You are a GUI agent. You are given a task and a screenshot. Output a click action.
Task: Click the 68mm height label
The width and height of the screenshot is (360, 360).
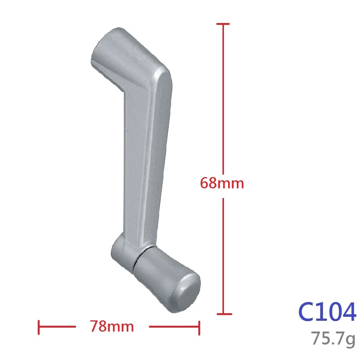click(x=222, y=184)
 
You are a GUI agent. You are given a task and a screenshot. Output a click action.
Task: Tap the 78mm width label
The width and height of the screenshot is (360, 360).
click(x=112, y=327)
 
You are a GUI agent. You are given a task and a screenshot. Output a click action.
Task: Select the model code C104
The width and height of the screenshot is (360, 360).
click(x=327, y=312)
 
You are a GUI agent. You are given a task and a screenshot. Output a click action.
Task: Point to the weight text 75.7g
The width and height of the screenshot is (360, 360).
click(x=333, y=339)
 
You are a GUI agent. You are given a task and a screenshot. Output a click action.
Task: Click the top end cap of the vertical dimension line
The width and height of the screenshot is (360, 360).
click(x=223, y=24)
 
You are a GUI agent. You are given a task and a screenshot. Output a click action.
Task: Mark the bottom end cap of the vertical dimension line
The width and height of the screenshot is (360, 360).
click(x=223, y=314)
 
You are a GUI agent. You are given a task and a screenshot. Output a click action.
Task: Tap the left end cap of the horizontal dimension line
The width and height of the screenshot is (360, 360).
click(x=39, y=327)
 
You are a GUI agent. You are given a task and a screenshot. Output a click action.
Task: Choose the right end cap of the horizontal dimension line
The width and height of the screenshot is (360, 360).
click(x=199, y=327)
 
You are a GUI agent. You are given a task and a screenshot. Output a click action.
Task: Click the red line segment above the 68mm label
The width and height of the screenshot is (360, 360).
click(x=223, y=97)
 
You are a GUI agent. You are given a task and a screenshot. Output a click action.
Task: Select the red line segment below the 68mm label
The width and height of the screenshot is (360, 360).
click(x=223, y=256)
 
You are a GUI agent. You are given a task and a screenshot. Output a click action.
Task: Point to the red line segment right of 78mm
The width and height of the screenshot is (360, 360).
click(x=174, y=327)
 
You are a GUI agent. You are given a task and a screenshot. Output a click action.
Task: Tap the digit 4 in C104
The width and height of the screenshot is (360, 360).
click(x=347, y=312)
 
